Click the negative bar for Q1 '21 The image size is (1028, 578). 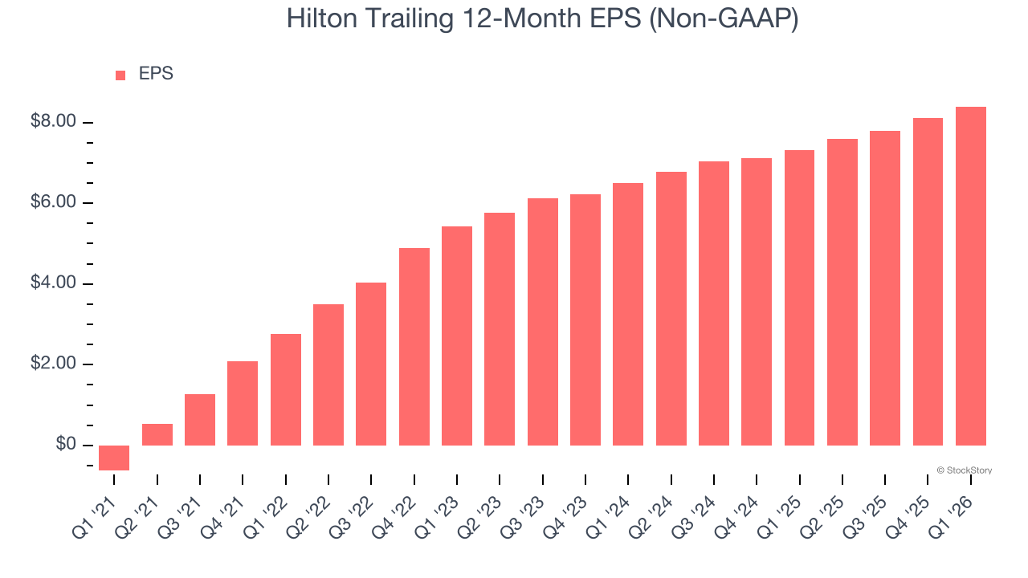[x=114, y=458]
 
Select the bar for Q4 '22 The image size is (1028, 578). [x=414, y=347]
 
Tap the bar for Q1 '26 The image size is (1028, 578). [x=971, y=276]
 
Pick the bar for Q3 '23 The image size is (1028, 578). [x=543, y=322]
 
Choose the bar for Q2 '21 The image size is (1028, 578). [x=157, y=434]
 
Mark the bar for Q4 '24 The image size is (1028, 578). [x=757, y=302]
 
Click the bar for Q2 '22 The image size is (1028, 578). [x=328, y=375]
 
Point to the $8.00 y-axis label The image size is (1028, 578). [x=53, y=122]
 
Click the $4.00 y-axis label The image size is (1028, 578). [x=53, y=283]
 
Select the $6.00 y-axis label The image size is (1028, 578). [x=53, y=203]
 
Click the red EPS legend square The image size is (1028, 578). [x=120, y=75]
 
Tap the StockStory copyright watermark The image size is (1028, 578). [x=965, y=470]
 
